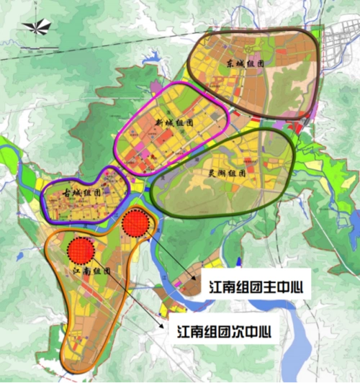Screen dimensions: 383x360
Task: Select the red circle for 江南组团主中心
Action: (135, 222)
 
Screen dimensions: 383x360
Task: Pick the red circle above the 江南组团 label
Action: (81, 250)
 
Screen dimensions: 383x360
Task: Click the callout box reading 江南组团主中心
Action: (251, 286)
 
